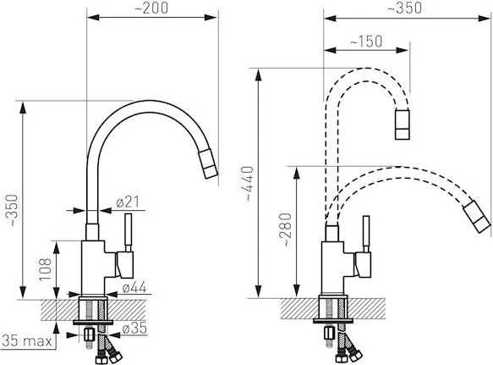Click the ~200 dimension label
[151, 8]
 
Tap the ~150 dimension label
[365, 41]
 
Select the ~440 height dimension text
[249, 184]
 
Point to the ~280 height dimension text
[286, 230]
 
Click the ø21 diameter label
[128, 202]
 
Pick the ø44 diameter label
[134, 287]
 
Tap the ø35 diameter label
[134, 329]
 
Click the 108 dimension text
[45, 269]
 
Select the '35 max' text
[27, 340]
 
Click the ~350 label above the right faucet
[405, 8]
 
